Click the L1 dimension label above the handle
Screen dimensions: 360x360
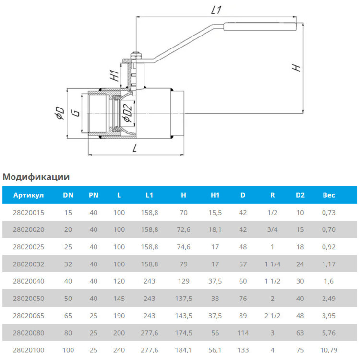216,10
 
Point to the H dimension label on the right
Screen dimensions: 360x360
296,68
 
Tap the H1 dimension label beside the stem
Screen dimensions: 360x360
115,75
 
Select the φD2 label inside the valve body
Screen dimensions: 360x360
128,112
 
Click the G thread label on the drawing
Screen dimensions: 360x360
76,113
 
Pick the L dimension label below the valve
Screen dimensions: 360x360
135,148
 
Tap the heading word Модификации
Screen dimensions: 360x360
36,177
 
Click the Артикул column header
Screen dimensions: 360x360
28,195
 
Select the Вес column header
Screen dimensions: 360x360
328,195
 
